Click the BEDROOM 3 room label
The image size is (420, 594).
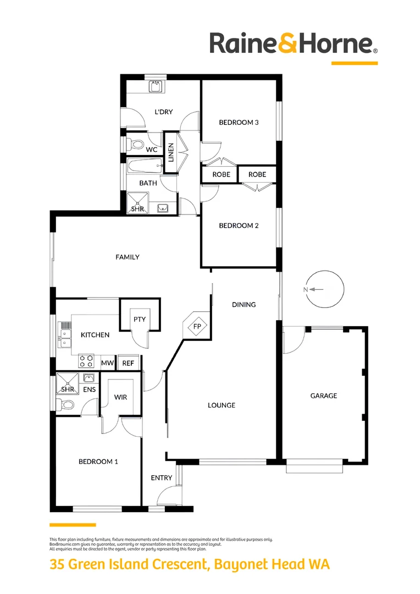coord(239,122)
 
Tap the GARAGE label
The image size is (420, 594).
coord(323,395)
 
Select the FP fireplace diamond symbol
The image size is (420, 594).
coord(197,326)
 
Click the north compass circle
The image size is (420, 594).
coord(325,271)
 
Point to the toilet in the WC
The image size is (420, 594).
coord(135,144)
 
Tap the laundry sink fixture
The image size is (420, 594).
coord(156,87)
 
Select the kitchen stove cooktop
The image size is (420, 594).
coord(86,361)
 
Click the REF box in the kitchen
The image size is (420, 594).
coord(128,363)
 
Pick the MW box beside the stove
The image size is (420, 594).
coord(108,363)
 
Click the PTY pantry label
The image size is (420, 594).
coord(140,320)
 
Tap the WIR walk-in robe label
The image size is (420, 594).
coord(120,397)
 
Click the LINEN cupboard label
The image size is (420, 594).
coord(171,152)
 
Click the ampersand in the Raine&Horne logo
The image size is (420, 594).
coord(288,45)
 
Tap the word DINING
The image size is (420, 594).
coord(244,304)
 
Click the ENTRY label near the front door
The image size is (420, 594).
coord(161,478)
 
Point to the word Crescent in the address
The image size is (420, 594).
coord(180,564)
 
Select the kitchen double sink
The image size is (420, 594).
coord(65,338)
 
